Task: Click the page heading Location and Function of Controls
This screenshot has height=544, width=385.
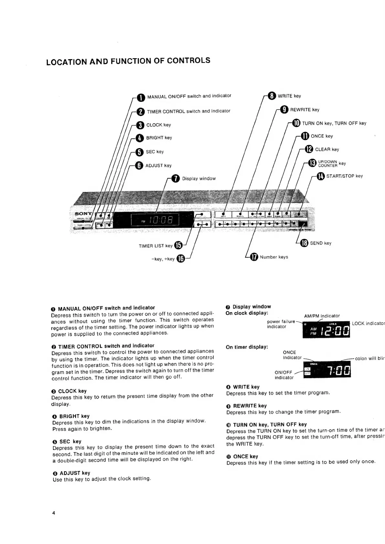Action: tap(128, 61)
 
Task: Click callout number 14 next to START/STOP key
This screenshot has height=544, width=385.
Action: tap(320, 176)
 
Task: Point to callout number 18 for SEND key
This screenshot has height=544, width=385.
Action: tap(304, 243)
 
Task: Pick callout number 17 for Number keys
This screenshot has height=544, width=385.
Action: tap(254, 257)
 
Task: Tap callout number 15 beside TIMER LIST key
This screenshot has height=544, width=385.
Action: tap(178, 246)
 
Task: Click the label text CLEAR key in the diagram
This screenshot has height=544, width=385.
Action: tap(327, 149)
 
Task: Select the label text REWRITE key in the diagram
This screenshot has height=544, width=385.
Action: tap(305, 110)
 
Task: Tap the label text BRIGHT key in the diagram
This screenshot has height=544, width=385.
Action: tap(159, 138)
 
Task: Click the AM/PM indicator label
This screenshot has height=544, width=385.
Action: tap(322, 316)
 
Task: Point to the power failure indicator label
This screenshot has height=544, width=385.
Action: tap(281, 324)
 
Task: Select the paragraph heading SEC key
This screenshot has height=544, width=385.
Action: tap(70, 442)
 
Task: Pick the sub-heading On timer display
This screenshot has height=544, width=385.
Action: tap(247, 347)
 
